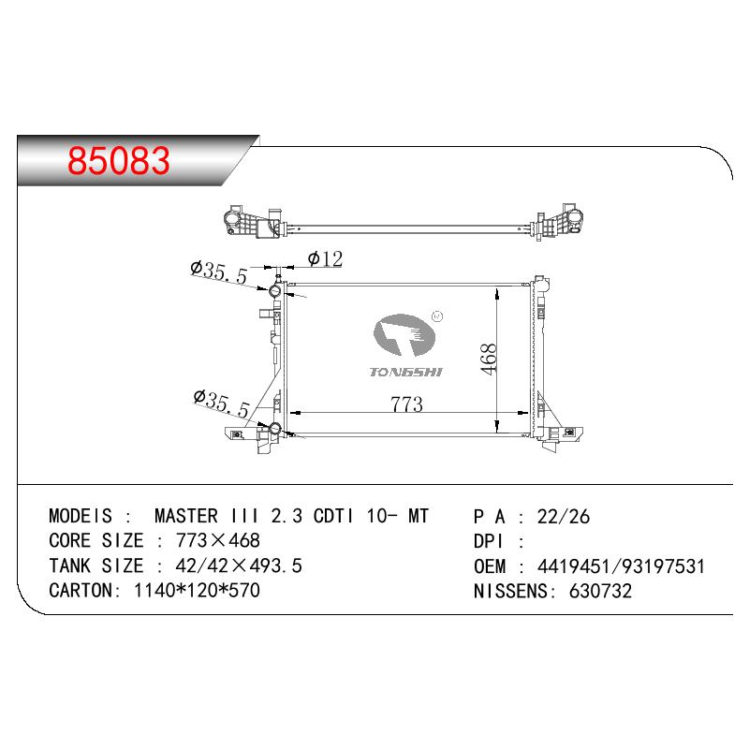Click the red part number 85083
[x=119, y=160]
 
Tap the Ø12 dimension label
[x=326, y=259]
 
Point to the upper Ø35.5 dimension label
[x=219, y=272]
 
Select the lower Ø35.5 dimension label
[x=222, y=404]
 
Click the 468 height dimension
[x=489, y=360]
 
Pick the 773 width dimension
[x=407, y=404]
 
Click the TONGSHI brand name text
[x=406, y=372]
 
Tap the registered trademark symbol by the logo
[x=437, y=316]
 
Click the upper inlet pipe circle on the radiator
[x=275, y=291]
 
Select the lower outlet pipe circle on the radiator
[x=275, y=429]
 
